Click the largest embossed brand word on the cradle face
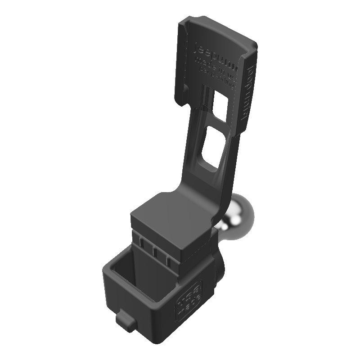point(215,54)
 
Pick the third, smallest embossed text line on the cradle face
point(216,72)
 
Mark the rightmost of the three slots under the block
point(168,259)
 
